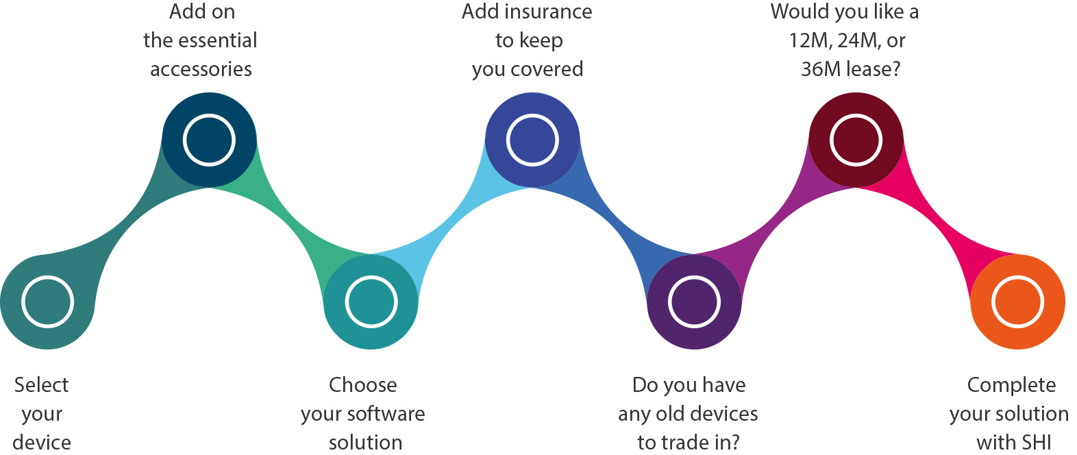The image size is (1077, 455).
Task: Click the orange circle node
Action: pyautogui.click(x=1017, y=302)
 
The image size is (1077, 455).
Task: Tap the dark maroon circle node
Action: pyautogui.click(x=856, y=140)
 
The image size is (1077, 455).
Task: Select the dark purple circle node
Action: pyautogui.click(x=694, y=302)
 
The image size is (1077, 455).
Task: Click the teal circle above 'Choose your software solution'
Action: pyautogui.click(x=371, y=302)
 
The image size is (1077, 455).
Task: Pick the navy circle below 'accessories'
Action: pyautogui.click(x=209, y=140)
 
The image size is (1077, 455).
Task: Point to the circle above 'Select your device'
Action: pyautogui.click(x=47, y=302)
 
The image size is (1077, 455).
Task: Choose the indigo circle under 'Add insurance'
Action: pyautogui.click(x=532, y=140)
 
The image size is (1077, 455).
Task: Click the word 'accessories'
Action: pyautogui.click(x=201, y=70)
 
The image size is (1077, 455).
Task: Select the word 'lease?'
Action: pyautogui.click(x=874, y=69)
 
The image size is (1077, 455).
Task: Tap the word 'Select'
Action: pyautogui.click(x=41, y=385)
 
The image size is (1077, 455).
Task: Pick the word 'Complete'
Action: pyautogui.click(x=1012, y=386)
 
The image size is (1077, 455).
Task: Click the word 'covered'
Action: pyautogui.click(x=547, y=70)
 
